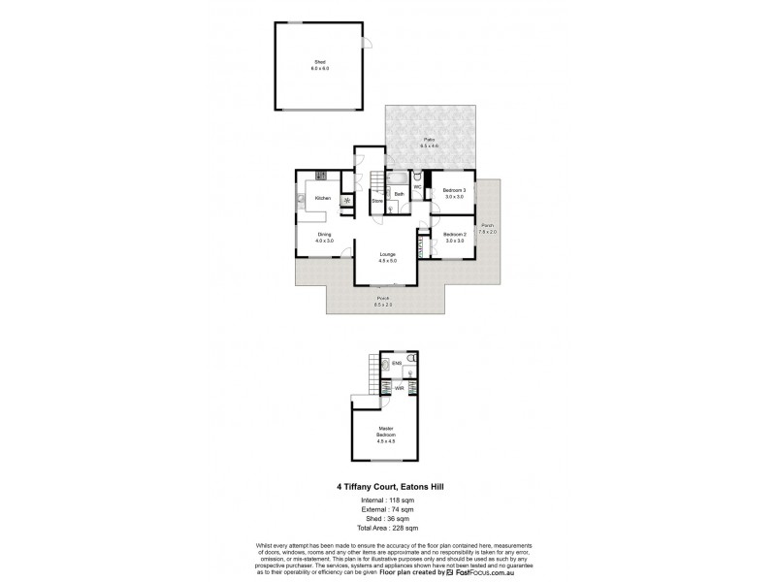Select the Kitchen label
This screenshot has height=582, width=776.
point(322,198)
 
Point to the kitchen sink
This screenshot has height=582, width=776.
point(302,199)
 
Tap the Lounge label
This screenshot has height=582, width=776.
point(387,254)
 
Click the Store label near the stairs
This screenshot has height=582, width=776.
point(377,201)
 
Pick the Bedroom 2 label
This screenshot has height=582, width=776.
point(455,234)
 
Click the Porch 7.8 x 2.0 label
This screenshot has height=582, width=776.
point(487,229)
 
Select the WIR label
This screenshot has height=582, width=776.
point(399,388)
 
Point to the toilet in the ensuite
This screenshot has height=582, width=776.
point(410,370)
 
